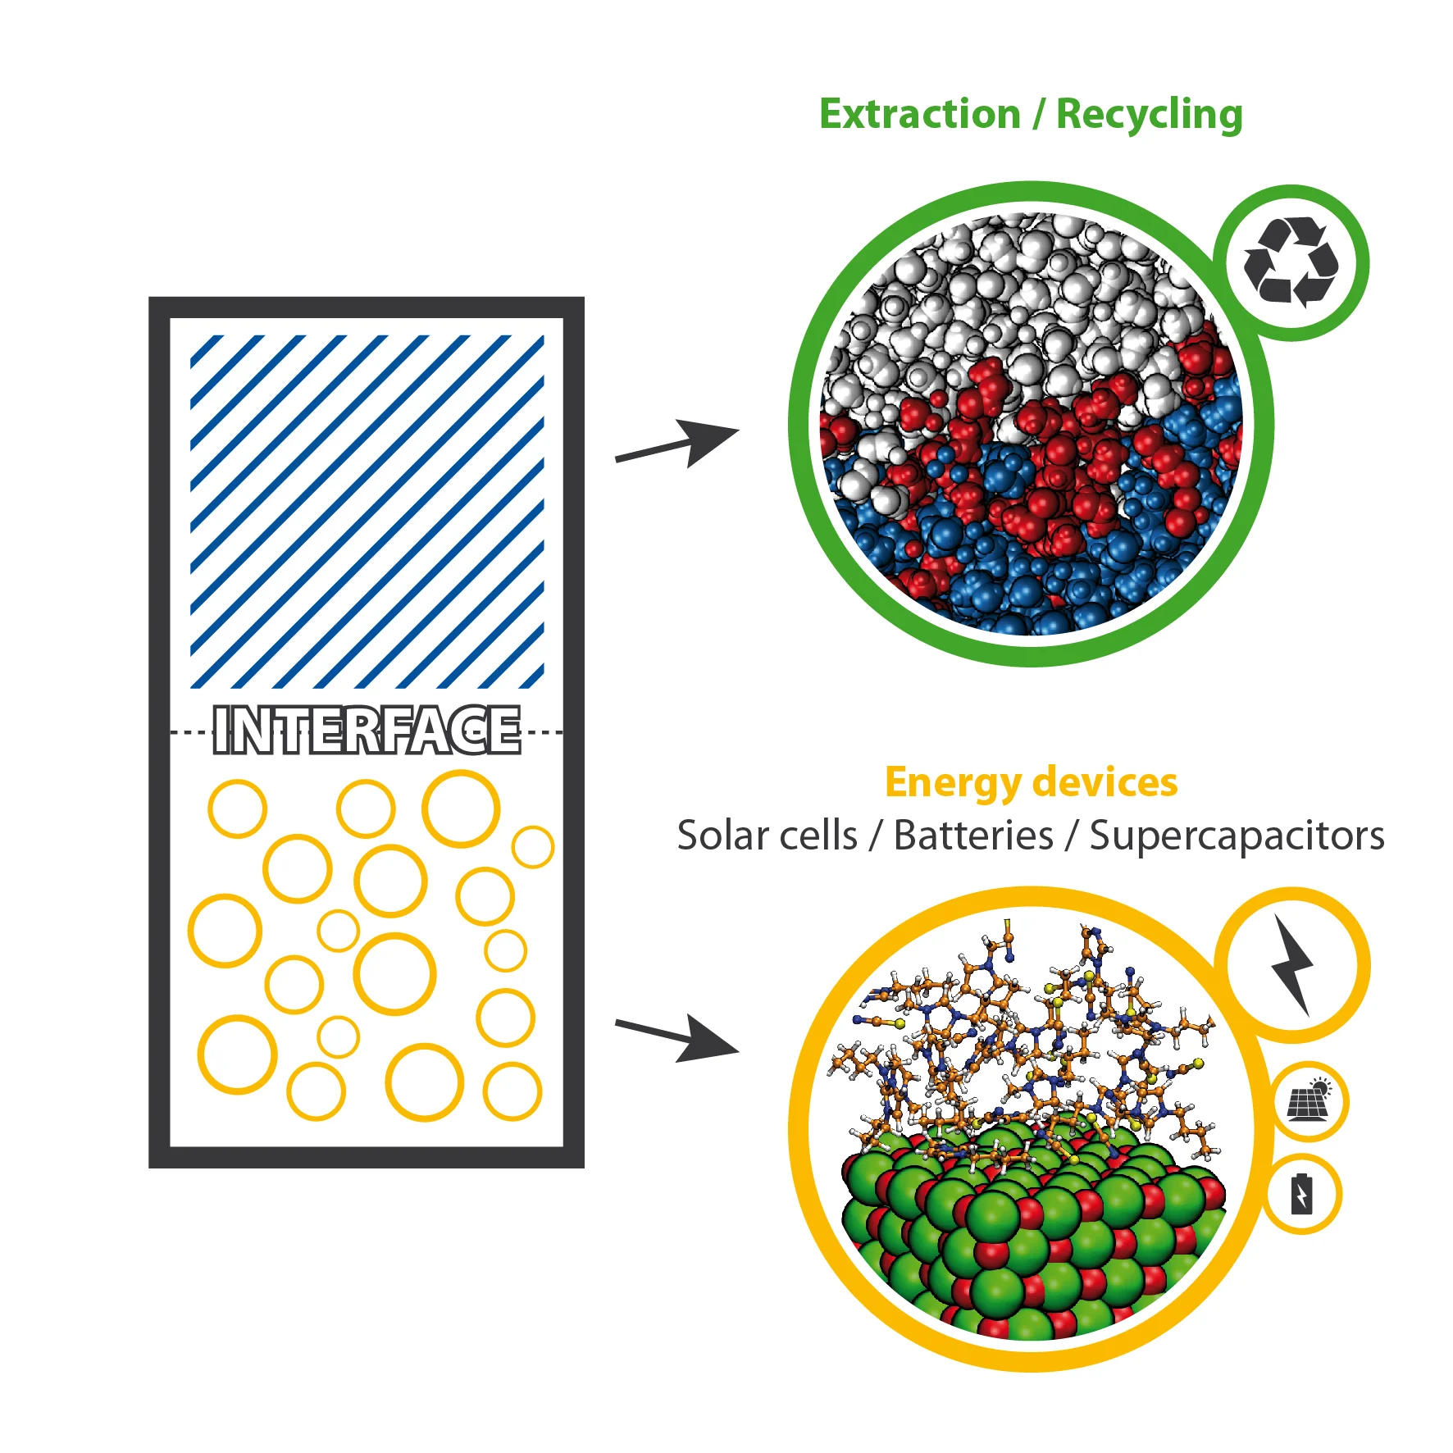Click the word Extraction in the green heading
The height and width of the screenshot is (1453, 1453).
click(919, 114)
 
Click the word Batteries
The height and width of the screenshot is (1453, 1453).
click(973, 836)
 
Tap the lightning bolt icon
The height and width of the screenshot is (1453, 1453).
click(1292, 965)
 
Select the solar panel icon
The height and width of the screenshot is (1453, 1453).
click(1309, 1100)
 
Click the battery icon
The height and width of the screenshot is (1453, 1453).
click(1301, 1195)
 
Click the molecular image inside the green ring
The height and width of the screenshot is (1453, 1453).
click(1031, 424)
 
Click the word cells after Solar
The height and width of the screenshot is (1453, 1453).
click(818, 836)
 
